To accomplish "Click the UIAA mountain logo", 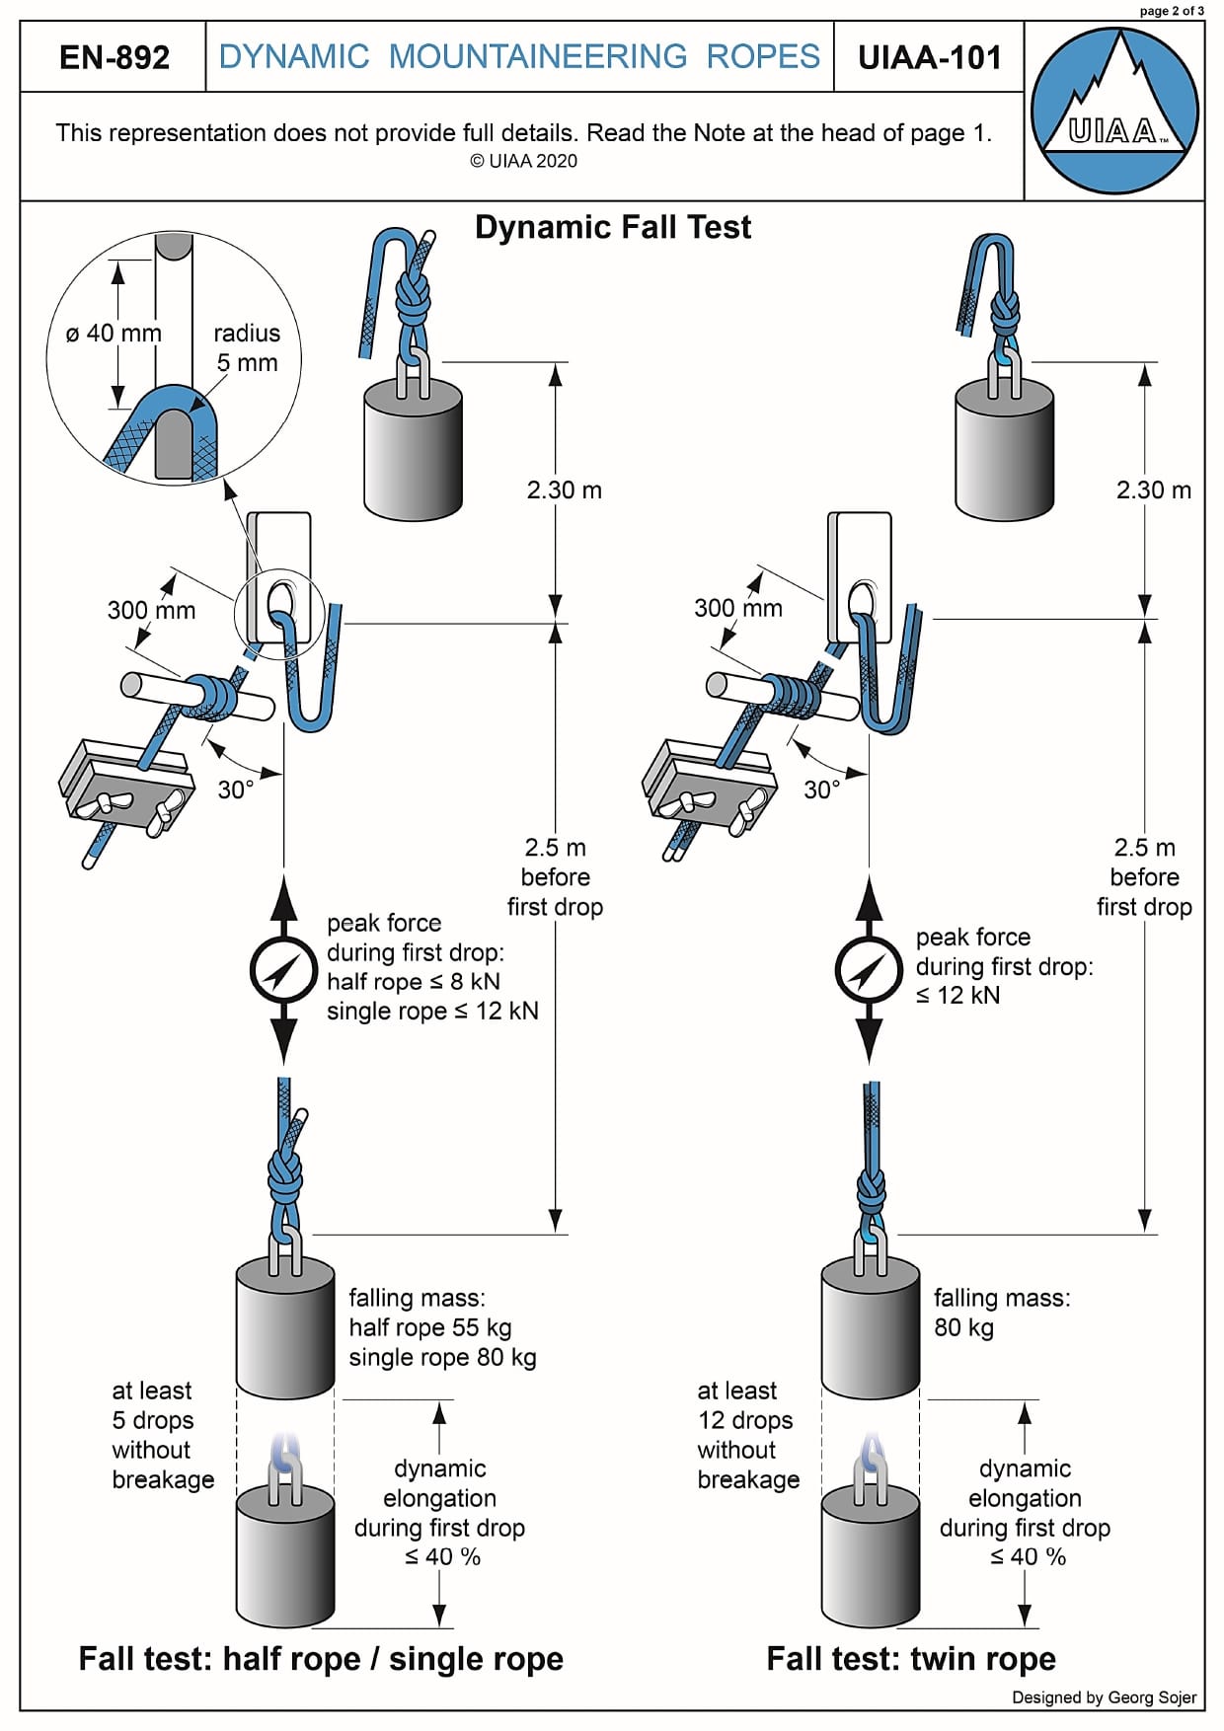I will (x=1114, y=111).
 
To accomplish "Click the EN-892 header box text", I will (x=115, y=57).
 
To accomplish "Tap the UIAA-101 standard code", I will (x=929, y=57).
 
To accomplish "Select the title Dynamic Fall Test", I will (x=612, y=227).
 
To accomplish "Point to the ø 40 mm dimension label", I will (x=114, y=334).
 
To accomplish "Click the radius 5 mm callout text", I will (x=247, y=347).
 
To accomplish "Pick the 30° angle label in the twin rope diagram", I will (x=821, y=790).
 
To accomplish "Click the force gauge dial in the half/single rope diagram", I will (x=283, y=970).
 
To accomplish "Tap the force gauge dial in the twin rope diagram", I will (x=869, y=970).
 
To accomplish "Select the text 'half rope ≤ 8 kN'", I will (x=414, y=982).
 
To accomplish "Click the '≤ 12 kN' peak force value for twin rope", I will (x=957, y=996).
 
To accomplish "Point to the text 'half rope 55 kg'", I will (x=429, y=1327).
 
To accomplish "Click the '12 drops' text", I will (x=745, y=1420).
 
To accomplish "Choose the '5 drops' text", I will (x=152, y=1420).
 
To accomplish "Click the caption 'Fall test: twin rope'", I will (x=910, y=1659).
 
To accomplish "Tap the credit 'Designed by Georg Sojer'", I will (x=1104, y=1697).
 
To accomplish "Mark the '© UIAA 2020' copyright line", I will (x=523, y=162).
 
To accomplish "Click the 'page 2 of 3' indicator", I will (x=1172, y=11).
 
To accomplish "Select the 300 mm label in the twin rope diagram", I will (x=737, y=608).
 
